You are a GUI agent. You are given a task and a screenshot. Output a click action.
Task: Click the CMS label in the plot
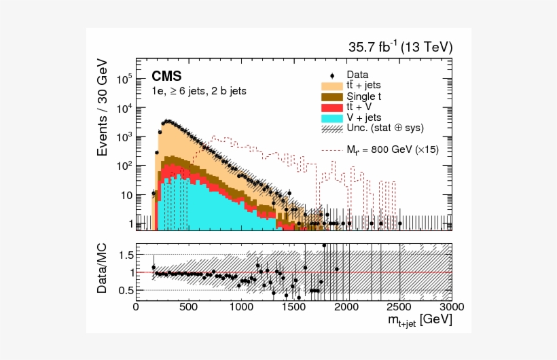coord(166,75)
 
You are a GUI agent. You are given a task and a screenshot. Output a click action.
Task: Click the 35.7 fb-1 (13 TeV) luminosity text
coord(400,47)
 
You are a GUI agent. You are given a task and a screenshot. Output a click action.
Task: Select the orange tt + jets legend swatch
coord(331,86)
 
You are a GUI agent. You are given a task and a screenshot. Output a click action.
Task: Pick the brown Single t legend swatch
coord(331,96)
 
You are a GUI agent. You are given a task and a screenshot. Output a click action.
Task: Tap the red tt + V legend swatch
coord(331,107)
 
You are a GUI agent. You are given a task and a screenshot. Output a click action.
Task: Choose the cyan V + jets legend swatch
coord(331,118)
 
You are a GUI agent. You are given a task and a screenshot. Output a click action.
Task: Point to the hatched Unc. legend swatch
coord(331,128)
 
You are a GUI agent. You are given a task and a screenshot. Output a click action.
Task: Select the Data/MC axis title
coord(103,272)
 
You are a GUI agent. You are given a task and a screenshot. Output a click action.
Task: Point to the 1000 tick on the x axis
coord(241,307)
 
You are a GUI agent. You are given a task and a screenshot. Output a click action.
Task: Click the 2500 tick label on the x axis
coord(399,307)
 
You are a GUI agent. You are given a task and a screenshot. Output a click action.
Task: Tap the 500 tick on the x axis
coord(189,307)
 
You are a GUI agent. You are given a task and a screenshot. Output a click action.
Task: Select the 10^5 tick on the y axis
coord(123,79)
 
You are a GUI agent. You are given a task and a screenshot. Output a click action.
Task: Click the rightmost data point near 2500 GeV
coord(399,223)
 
